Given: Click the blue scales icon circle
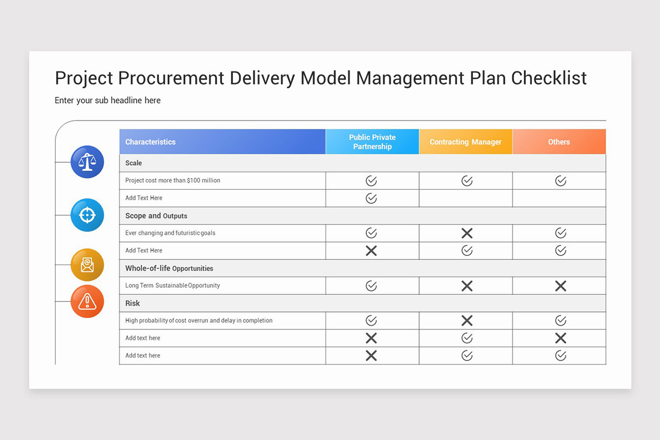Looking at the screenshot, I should [x=87, y=162].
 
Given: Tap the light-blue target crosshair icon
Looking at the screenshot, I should [x=87, y=215].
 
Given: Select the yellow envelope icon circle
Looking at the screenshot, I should [x=87, y=265].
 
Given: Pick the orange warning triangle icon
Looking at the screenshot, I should [x=87, y=301].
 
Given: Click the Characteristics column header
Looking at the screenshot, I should [x=150, y=142].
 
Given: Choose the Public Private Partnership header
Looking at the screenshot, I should [x=372, y=142].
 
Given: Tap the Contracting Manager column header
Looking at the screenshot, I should [x=465, y=142].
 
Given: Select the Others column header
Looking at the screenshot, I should [x=559, y=142].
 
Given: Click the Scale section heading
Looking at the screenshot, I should [x=134, y=163].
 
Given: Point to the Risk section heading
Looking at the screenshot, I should [x=133, y=304].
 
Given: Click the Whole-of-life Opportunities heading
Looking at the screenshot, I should [x=169, y=268].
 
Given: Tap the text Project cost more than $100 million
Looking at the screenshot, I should [x=173, y=180].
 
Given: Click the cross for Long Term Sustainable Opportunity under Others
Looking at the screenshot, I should [x=560, y=286].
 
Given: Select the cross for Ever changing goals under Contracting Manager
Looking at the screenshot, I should [x=467, y=233].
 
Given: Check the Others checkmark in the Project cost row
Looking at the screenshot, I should [x=560, y=181].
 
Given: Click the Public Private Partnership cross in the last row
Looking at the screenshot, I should [x=371, y=356].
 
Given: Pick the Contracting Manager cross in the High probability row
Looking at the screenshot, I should [x=467, y=321].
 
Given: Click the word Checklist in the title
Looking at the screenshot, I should [x=549, y=78].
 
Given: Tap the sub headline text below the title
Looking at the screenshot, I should [x=108, y=101].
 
